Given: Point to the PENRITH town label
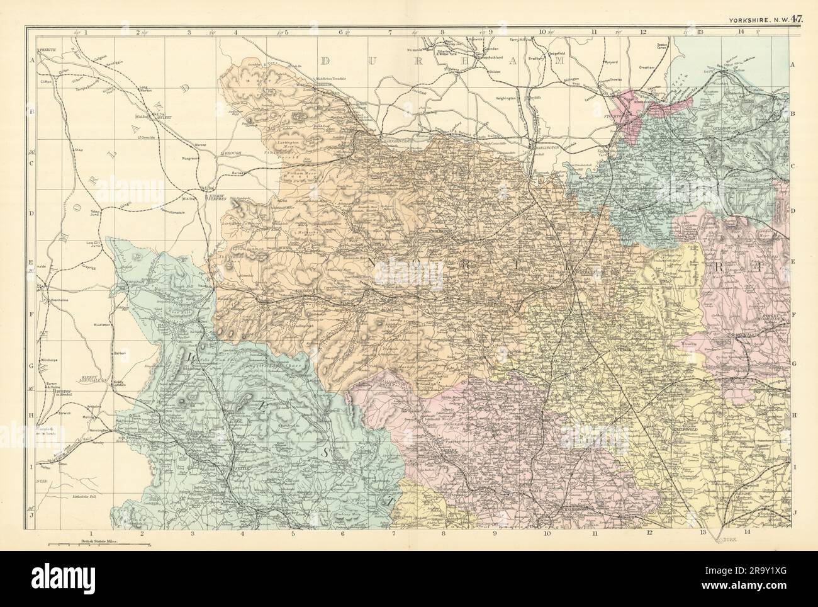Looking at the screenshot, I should click(48, 48).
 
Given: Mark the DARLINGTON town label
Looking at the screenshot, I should click(546, 147).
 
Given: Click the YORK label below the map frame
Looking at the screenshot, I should click(730, 540).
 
